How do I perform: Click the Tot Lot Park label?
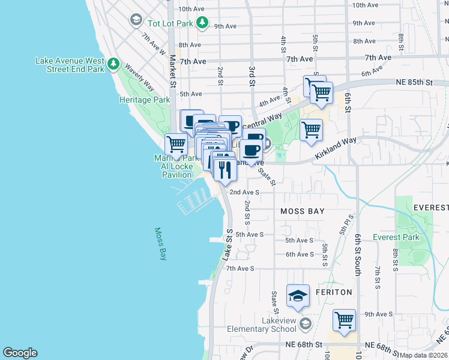[x=170, y=23]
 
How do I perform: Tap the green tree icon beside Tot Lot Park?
[x=203, y=23]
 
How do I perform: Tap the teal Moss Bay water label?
[x=160, y=243]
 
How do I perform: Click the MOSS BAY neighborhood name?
[x=303, y=211]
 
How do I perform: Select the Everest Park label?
[x=396, y=237]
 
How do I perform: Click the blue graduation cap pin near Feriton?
[x=298, y=296]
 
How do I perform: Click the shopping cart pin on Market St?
[x=176, y=144]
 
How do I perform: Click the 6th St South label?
[x=358, y=255]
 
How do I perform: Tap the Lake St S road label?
[x=227, y=243]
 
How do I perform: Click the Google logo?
[x=20, y=353]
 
